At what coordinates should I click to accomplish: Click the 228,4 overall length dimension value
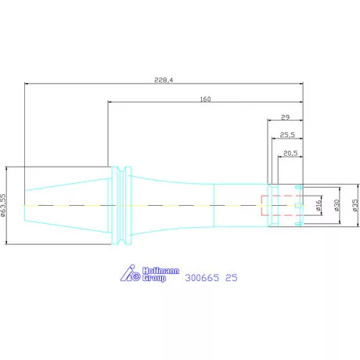(x=164, y=80)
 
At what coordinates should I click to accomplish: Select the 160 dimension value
(x=205, y=99)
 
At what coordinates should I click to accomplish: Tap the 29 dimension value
(x=286, y=117)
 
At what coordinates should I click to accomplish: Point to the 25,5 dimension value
(x=287, y=135)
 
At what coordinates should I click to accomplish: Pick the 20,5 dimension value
(x=290, y=153)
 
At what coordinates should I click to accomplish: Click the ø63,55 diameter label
(x=3, y=205)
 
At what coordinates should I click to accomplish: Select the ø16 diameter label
(x=319, y=206)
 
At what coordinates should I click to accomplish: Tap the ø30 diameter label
(x=337, y=205)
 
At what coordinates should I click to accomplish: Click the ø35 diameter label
(x=355, y=205)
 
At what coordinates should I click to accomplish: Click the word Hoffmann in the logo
(x=160, y=271)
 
